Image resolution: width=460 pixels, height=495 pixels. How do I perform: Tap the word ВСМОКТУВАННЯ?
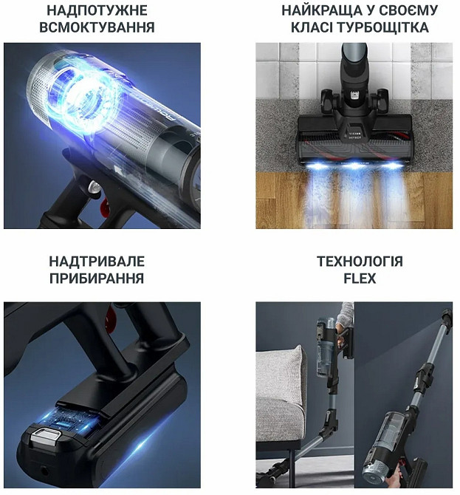point(100,28)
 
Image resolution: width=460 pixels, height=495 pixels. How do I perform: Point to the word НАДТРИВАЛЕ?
point(97,262)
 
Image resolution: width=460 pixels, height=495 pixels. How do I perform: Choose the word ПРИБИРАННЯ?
point(97,279)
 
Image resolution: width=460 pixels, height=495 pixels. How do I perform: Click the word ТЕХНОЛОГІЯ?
point(360,262)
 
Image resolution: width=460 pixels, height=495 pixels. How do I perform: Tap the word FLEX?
point(360,279)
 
